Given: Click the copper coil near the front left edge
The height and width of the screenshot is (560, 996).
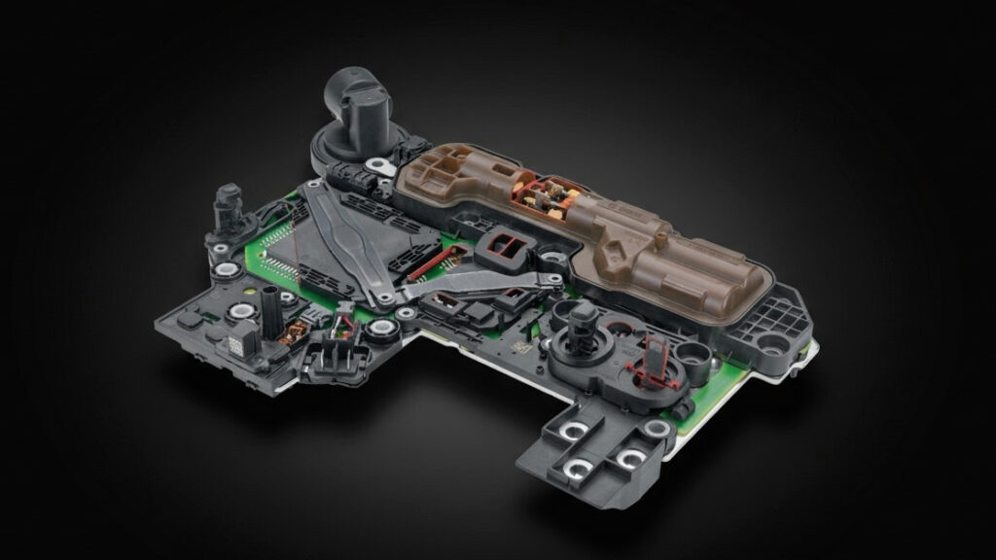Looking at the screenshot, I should [288, 336].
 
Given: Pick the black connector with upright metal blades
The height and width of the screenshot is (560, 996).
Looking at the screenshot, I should [338, 332].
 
